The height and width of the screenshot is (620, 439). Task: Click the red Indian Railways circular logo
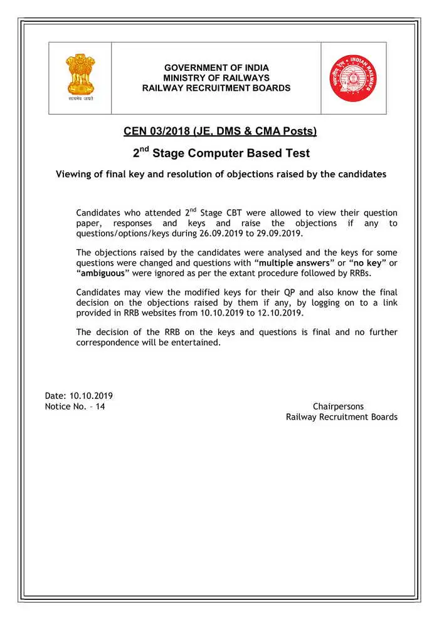pos(353,78)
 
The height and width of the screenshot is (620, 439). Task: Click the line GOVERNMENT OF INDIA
pos(216,68)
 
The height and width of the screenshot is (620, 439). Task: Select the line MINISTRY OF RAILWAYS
pos(216,78)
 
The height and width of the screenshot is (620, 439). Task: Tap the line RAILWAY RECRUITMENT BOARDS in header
pos(216,88)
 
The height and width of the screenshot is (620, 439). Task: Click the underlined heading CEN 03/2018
pos(219,132)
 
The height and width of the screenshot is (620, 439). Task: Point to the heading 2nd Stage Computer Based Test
pos(221,153)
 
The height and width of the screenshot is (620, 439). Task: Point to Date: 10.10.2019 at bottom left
pos(79,396)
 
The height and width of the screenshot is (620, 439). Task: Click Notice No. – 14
pos(75,406)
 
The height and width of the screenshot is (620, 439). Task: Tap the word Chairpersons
pos(338,406)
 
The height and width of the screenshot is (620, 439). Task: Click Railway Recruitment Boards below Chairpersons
pos(341,417)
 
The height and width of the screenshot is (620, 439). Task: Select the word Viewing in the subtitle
pos(74,174)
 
